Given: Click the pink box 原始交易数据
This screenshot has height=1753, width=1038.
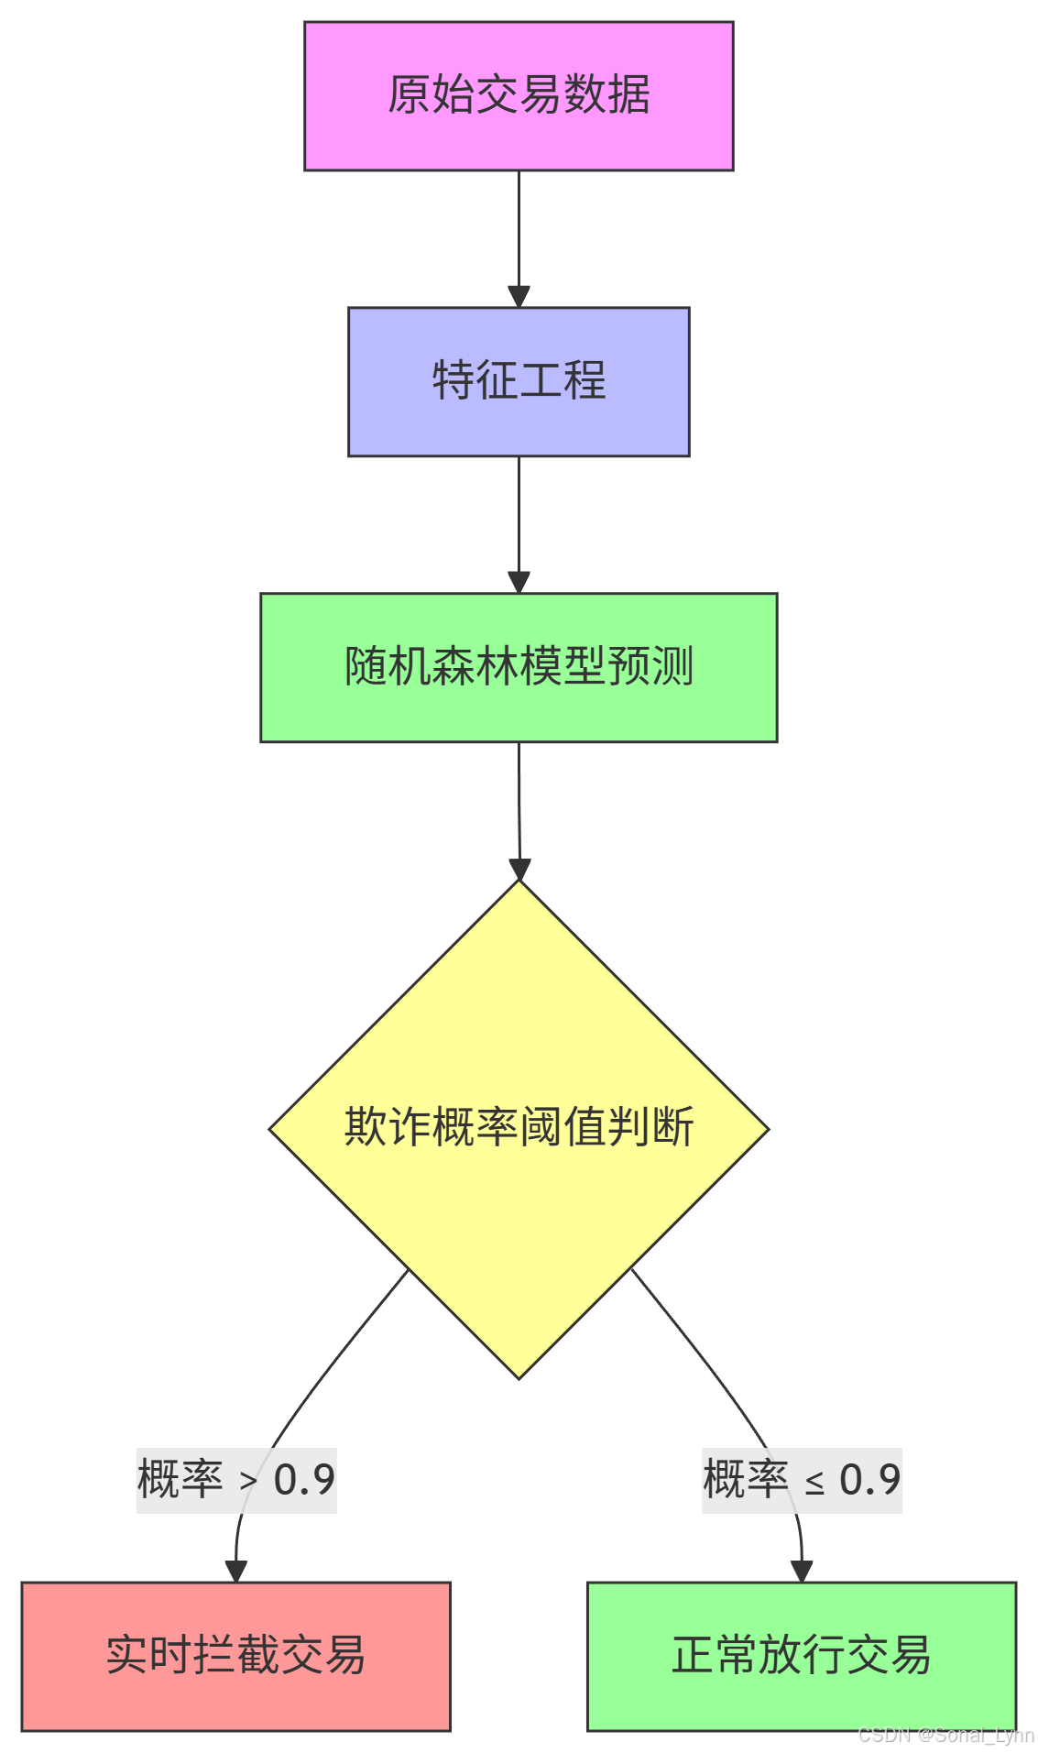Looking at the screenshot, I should [x=519, y=96].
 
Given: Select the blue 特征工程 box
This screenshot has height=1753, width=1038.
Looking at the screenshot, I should [x=519, y=381].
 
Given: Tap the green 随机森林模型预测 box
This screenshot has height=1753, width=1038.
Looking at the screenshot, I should [x=519, y=667].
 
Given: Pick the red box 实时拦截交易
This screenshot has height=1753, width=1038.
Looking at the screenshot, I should [x=235, y=1656].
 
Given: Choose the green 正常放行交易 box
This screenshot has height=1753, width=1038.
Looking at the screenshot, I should [x=802, y=1656].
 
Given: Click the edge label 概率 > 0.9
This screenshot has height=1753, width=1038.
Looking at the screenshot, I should [x=236, y=1480].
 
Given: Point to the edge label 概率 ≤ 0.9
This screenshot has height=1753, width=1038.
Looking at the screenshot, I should [x=802, y=1480].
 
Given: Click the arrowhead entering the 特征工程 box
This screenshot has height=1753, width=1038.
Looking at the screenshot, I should [x=519, y=297].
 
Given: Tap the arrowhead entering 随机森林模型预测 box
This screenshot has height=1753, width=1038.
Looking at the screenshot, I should [x=519, y=583].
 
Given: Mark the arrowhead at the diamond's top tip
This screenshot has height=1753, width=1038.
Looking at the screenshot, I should [x=519, y=870].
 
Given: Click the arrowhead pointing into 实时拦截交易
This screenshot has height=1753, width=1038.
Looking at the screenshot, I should [x=236, y=1571].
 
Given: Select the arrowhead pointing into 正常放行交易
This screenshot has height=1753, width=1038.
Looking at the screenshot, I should [x=802, y=1571].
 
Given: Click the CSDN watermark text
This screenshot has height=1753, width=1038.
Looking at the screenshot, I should [x=945, y=1735].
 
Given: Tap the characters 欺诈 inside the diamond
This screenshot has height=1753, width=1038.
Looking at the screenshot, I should [x=388, y=1126].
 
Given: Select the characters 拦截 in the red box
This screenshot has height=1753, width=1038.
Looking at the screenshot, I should [x=235, y=1655].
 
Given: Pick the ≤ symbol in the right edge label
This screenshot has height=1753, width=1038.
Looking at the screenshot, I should [x=814, y=1483].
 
